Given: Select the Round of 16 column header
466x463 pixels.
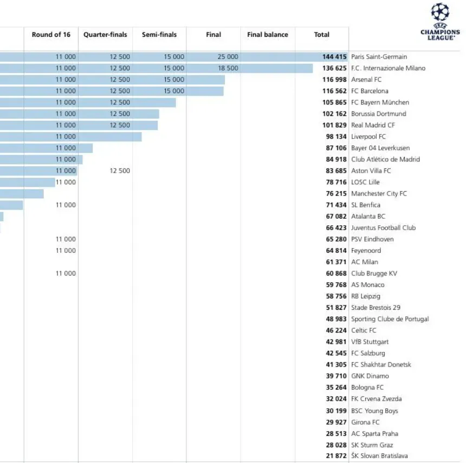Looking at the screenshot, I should point(51,35).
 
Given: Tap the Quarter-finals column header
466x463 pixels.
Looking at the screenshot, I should point(105,35).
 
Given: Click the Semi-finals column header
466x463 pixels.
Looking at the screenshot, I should point(159,35).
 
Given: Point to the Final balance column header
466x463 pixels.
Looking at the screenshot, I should point(268,35).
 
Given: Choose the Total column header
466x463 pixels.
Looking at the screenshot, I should point(321,35).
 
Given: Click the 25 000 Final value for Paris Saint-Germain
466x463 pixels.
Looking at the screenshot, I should point(228,57).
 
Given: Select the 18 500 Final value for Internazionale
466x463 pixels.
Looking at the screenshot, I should point(228,68).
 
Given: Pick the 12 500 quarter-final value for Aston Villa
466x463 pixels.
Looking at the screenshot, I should point(120,171).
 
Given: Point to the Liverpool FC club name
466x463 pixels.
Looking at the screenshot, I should point(368,136).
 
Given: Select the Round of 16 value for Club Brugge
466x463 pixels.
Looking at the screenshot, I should point(66,273).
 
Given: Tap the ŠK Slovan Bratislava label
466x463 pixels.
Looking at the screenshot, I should point(379,456).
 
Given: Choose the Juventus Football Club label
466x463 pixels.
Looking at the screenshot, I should point(383,228).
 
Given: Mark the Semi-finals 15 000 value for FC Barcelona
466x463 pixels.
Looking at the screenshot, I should point(174,91).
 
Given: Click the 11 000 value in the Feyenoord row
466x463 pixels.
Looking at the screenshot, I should point(66,251).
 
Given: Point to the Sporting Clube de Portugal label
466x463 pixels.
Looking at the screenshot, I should point(390,319).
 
